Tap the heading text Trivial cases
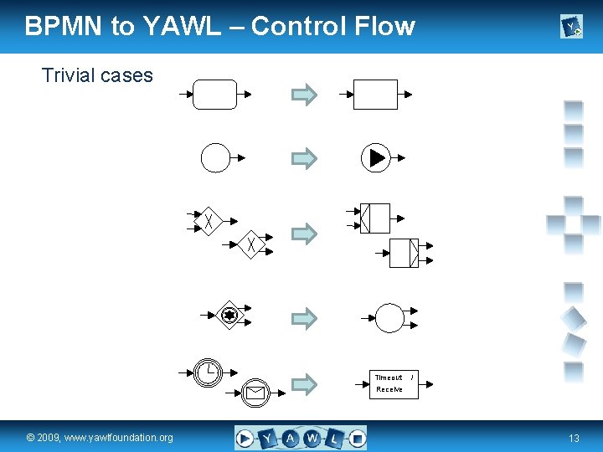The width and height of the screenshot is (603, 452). (x=97, y=75)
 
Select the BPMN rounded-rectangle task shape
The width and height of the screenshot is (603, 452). (x=214, y=94)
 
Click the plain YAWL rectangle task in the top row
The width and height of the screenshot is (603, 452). (x=375, y=95)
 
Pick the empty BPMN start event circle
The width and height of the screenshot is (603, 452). (x=215, y=157)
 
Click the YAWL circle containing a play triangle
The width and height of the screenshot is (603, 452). (x=375, y=157)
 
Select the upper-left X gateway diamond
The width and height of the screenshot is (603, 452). (x=208, y=221)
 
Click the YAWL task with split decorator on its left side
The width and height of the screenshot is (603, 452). (x=374, y=218)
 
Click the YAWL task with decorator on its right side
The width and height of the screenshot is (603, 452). (x=404, y=252)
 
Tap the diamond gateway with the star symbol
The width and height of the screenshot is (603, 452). (x=229, y=315)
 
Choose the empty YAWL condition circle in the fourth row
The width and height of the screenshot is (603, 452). (x=389, y=318)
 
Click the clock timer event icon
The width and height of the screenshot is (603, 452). (x=208, y=371)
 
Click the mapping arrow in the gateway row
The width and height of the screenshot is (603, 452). (x=304, y=234)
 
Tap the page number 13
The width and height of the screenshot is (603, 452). (x=574, y=438)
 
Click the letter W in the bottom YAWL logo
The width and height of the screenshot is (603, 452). (x=312, y=437)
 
